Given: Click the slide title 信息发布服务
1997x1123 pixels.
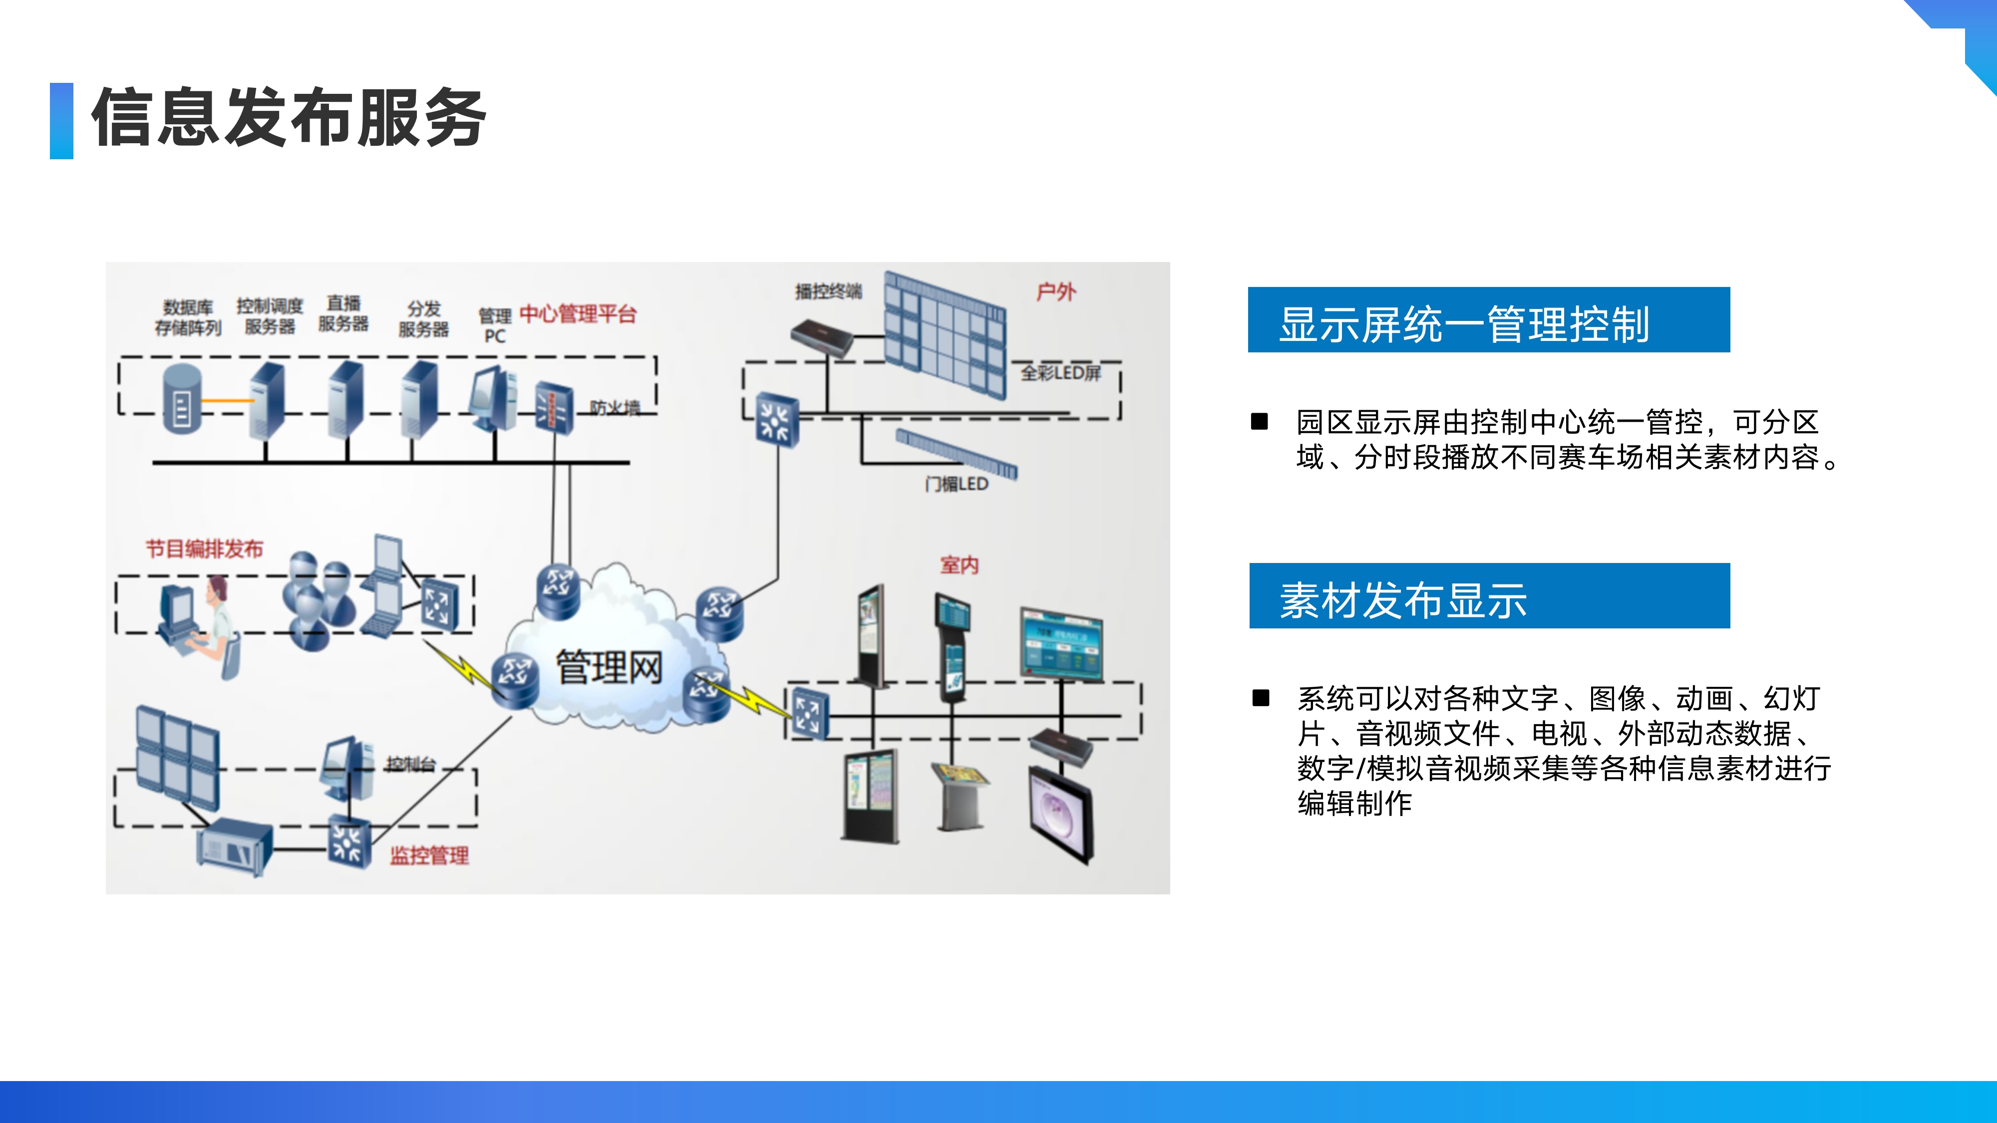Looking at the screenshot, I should click(x=289, y=118).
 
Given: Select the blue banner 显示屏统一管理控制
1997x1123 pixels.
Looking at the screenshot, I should click(x=1488, y=320).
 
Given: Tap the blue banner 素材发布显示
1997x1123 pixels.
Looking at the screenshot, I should click(x=1488, y=596).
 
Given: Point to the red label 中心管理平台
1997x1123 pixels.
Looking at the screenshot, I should click(x=578, y=314).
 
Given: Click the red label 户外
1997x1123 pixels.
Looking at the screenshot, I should click(x=1056, y=292).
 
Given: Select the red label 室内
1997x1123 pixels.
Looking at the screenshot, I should click(x=959, y=565).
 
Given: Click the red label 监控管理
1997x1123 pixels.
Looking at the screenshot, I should click(x=429, y=855).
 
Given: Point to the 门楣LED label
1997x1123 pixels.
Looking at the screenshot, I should click(x=956, y=484).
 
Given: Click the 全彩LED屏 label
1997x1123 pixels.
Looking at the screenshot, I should click(x=1060, y=373).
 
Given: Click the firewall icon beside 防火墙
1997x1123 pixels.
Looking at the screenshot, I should click(x=554, y=406).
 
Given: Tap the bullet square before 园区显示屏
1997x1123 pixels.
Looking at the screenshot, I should click(x=1260, y=422).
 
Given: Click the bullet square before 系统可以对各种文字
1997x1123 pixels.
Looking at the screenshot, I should click(x=1261, y=698).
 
